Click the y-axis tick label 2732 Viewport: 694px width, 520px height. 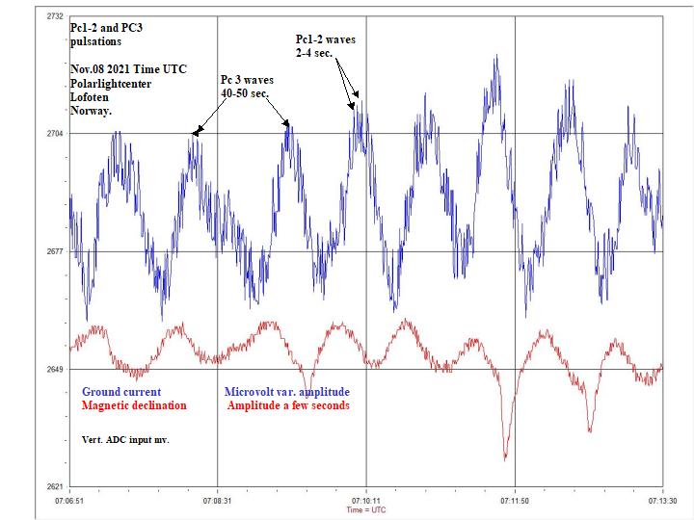pos(54,16)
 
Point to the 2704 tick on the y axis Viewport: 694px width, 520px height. pos(54,134)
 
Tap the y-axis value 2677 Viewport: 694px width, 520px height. pos(54,251)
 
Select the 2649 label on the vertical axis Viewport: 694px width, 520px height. pos(54,369)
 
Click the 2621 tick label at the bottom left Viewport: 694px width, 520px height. pos(54,486)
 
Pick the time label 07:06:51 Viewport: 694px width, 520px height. pos(69,501)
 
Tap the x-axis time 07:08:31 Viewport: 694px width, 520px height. pos(217,501)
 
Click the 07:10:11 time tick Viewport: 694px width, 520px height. pos(365,501)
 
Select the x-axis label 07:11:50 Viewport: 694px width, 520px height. pos(515,501)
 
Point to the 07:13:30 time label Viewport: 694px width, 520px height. pos(662,501)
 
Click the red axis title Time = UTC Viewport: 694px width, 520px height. pos(365,510)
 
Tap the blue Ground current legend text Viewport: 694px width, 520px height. pos(121,392)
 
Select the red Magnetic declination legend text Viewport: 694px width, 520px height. pos(134,405)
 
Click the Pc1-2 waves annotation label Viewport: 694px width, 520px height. pos(326,39)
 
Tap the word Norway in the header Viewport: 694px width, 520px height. pos(91,111)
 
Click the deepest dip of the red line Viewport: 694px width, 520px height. pos(505,458)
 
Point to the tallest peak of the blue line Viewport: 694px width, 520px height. pos(496,56)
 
